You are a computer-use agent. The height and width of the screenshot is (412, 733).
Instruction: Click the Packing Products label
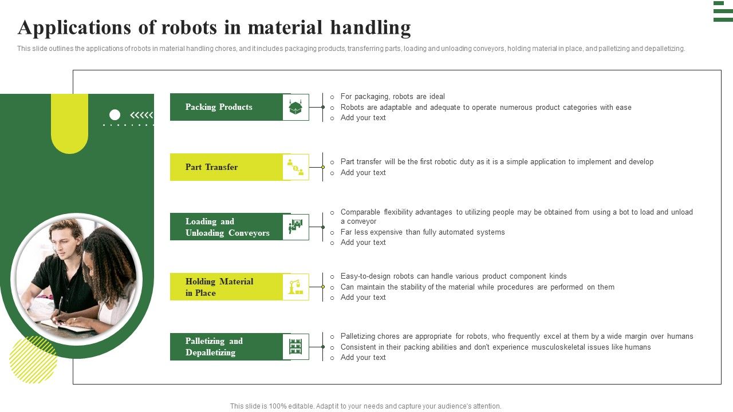click(x=219, y=107)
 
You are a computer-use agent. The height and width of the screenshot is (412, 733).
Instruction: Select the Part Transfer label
click(x=211, y=167)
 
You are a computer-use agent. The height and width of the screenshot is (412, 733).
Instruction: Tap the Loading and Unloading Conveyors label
click(x=227, y=227)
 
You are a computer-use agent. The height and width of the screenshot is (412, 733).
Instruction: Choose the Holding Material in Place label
click(x=219, y=287)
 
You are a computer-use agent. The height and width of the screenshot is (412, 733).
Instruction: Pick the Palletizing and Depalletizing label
click(x=214, y=347)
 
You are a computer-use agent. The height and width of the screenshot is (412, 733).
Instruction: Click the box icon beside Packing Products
click(x=295, y=107)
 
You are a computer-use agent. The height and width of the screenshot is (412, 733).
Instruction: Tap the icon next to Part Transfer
click(x=295, y=167)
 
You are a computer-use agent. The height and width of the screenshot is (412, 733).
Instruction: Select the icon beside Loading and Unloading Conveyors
click(x=295, y=227)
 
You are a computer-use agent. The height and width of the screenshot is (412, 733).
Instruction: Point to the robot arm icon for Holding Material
click(x=295, y=287)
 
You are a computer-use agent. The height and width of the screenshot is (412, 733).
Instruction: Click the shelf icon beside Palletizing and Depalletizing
click(x=295, y=347)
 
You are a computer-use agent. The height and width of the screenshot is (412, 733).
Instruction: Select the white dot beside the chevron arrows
click(x=115, y=115)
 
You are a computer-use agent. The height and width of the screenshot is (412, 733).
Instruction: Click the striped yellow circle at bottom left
click(x=33, y=359)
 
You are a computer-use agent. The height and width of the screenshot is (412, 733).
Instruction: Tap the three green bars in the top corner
click(x=723, y=11)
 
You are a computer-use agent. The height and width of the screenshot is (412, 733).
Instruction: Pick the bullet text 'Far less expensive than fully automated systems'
click(x=423, y=232)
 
